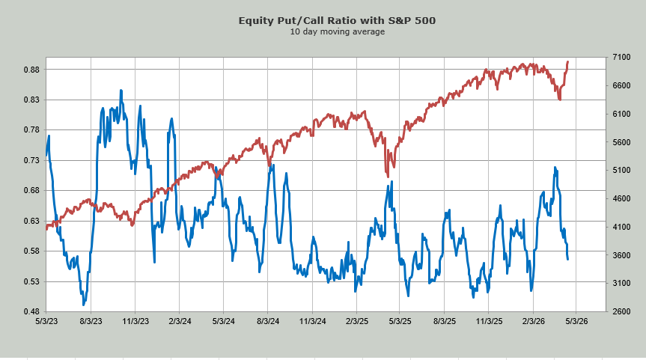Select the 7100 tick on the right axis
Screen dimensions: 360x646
click(x=623, y=58)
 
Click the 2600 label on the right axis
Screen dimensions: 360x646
click(x=623, y=311)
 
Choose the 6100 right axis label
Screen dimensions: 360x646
click(x=623, y=114)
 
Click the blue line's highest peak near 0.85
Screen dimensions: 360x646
click(x=121, y=91)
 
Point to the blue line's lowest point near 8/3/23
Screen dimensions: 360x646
click(x=84, y=305)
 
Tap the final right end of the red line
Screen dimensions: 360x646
click(x=568, y=61)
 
